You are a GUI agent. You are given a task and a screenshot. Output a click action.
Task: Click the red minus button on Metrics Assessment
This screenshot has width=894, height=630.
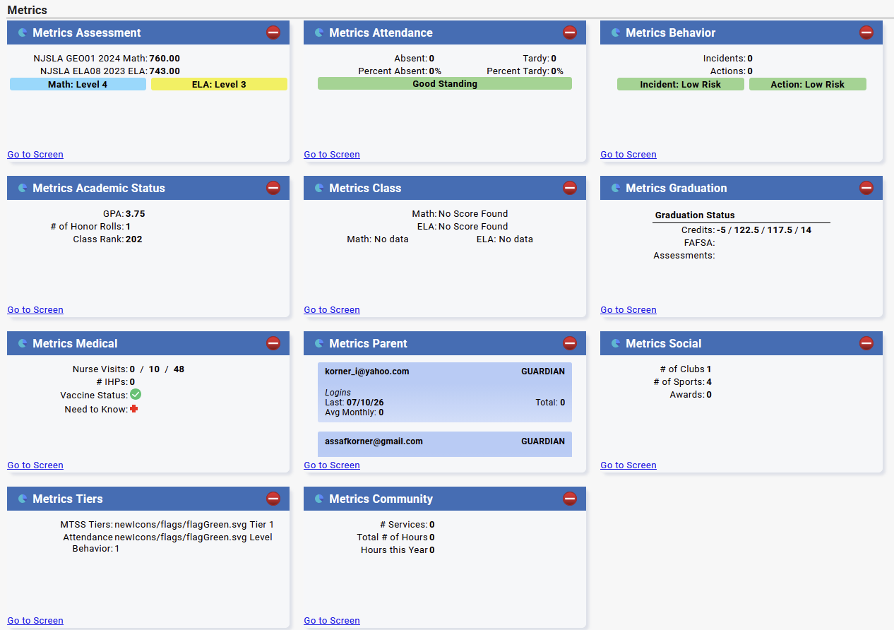pos(273,32)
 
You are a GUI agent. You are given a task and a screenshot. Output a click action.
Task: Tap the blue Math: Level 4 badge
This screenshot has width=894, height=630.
pos(78,84)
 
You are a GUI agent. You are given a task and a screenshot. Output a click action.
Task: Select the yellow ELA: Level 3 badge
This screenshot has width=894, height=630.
pos(219,84)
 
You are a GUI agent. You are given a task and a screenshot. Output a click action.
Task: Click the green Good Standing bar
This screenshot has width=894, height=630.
pos(445,83)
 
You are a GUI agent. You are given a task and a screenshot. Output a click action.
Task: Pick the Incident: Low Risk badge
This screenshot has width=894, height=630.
pos(680,84)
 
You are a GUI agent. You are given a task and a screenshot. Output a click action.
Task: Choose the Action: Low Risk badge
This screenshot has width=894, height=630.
pos(807,84)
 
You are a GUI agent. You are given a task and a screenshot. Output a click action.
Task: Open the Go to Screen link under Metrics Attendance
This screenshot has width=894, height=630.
pos(332,155)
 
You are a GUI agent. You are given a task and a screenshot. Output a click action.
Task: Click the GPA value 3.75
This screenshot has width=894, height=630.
pos(136,214)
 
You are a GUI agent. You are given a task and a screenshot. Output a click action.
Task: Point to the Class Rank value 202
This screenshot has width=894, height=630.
pos(133,239)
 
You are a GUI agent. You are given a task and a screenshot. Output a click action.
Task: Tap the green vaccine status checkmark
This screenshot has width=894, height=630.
pos(136,394)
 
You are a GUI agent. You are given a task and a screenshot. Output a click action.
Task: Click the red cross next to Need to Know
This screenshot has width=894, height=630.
pos(133,409)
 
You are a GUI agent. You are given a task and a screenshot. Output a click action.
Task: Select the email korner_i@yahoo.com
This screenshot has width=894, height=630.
pos(366,372)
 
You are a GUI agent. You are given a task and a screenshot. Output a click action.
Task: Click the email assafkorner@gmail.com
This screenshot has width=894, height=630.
pos(374,441)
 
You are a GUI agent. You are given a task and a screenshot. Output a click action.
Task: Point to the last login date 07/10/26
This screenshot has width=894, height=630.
pos(365,403)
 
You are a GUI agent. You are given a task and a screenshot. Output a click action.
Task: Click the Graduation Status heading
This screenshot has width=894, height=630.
pos(694,215)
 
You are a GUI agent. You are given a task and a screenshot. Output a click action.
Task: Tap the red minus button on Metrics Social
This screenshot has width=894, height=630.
pos(866,343)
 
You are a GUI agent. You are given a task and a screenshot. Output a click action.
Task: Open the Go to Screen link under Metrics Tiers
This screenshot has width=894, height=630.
pos(35,620)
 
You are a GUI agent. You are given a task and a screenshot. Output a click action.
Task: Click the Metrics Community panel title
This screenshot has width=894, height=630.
pos(381,499)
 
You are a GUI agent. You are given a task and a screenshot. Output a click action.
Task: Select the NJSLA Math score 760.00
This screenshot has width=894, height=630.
pos(165,59)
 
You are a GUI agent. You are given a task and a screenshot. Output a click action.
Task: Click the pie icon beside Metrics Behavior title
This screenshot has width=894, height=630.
pos(616,32)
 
